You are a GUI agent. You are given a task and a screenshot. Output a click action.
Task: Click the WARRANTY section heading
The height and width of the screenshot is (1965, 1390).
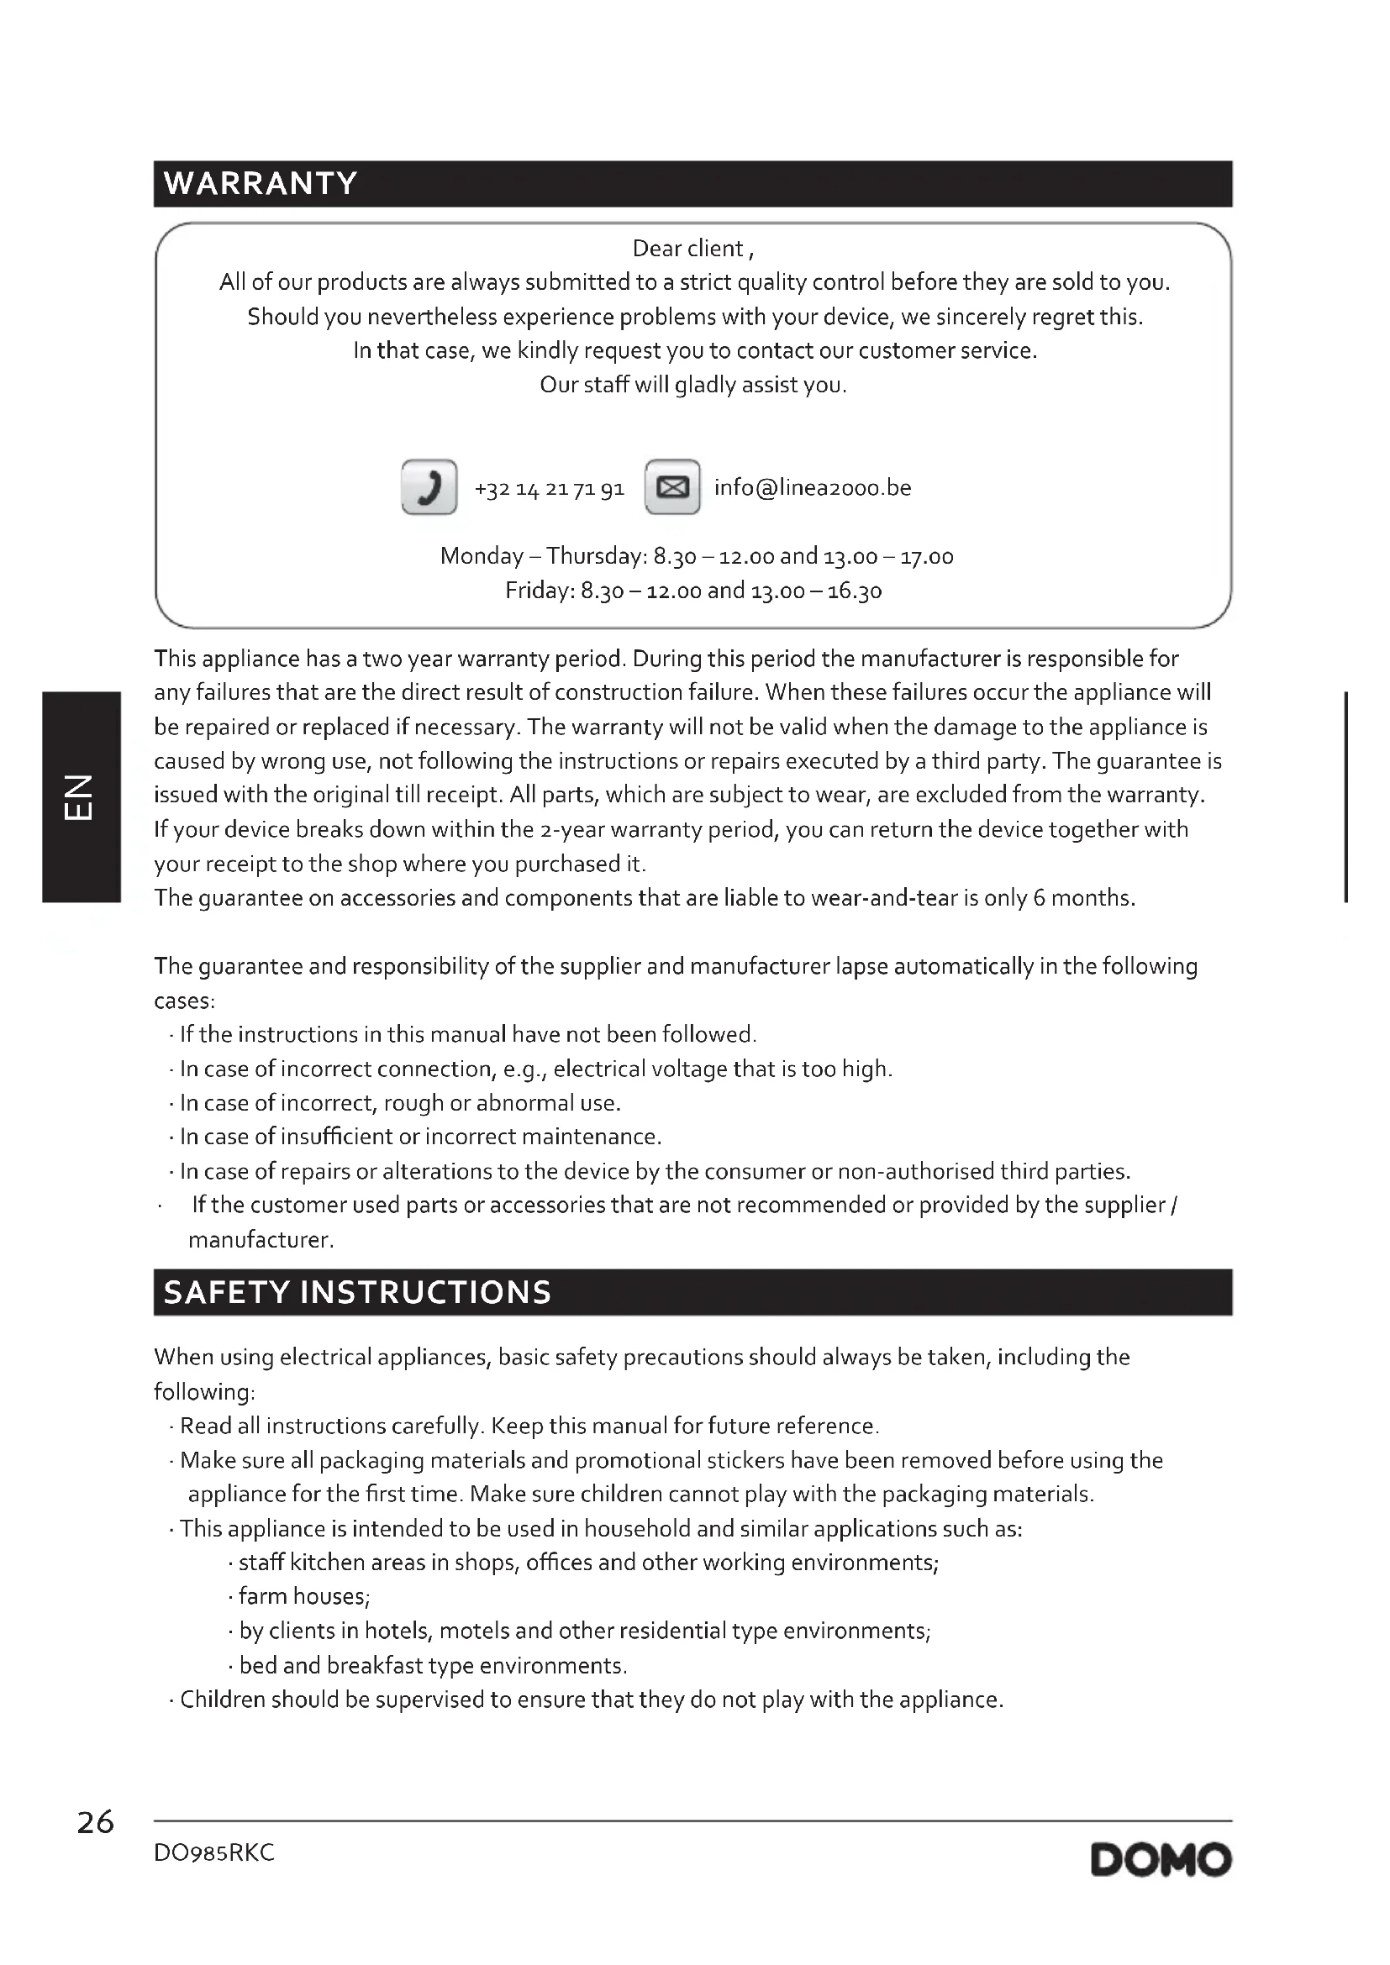coord(261,183)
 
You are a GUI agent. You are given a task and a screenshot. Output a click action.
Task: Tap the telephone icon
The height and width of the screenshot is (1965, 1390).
coord(429,487)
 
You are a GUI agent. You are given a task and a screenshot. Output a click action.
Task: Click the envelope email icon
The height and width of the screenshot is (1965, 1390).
coord(672,487)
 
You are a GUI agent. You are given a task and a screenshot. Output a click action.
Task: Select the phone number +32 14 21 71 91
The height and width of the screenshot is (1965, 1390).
coord(550,489)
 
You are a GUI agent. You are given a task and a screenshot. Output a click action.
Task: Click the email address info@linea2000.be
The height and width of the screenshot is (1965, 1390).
coord(813,488)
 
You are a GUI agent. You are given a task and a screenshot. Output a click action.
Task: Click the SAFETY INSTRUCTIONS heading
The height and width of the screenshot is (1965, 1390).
coord(357,1291)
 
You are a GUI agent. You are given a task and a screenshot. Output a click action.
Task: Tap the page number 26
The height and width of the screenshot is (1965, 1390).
coord(95,1822)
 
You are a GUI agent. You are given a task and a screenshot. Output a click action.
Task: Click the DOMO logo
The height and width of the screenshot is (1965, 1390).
coord(1161,1860)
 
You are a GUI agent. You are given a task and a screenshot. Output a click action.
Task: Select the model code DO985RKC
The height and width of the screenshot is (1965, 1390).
coord(214,1853)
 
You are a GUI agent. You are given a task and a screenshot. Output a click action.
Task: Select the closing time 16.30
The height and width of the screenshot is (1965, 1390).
coord(854,591)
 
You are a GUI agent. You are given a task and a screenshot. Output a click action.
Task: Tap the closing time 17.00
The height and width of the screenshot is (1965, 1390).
coord(925,557)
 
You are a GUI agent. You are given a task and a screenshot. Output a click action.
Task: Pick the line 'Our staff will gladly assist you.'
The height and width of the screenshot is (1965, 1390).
coord(693,385)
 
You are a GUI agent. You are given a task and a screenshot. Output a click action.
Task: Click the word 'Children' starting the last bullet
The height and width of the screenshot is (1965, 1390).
coord(223,1699)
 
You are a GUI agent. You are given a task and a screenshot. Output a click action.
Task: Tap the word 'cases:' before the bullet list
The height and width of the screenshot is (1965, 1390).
coord(184,1001)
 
